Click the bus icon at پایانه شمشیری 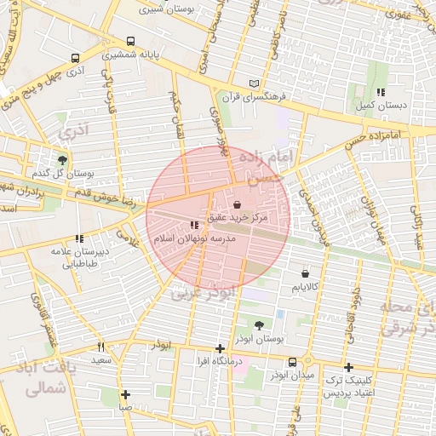click(130, 41)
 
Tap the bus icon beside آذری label click(76, 59)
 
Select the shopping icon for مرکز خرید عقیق click(236, 205)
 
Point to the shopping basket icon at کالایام click(305, 274)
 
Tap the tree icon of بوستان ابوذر click(259, 324)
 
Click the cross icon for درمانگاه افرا click(220, 348)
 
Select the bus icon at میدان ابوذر click(293, 361)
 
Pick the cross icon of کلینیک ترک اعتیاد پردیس click(347, 367)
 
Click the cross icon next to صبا click(125, 394)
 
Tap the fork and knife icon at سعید click(101, 347)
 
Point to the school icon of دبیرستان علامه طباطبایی click(79, 238)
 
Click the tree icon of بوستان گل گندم click(62, 159)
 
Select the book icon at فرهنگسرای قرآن click(252, 83)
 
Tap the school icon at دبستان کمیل click(380, 91)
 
